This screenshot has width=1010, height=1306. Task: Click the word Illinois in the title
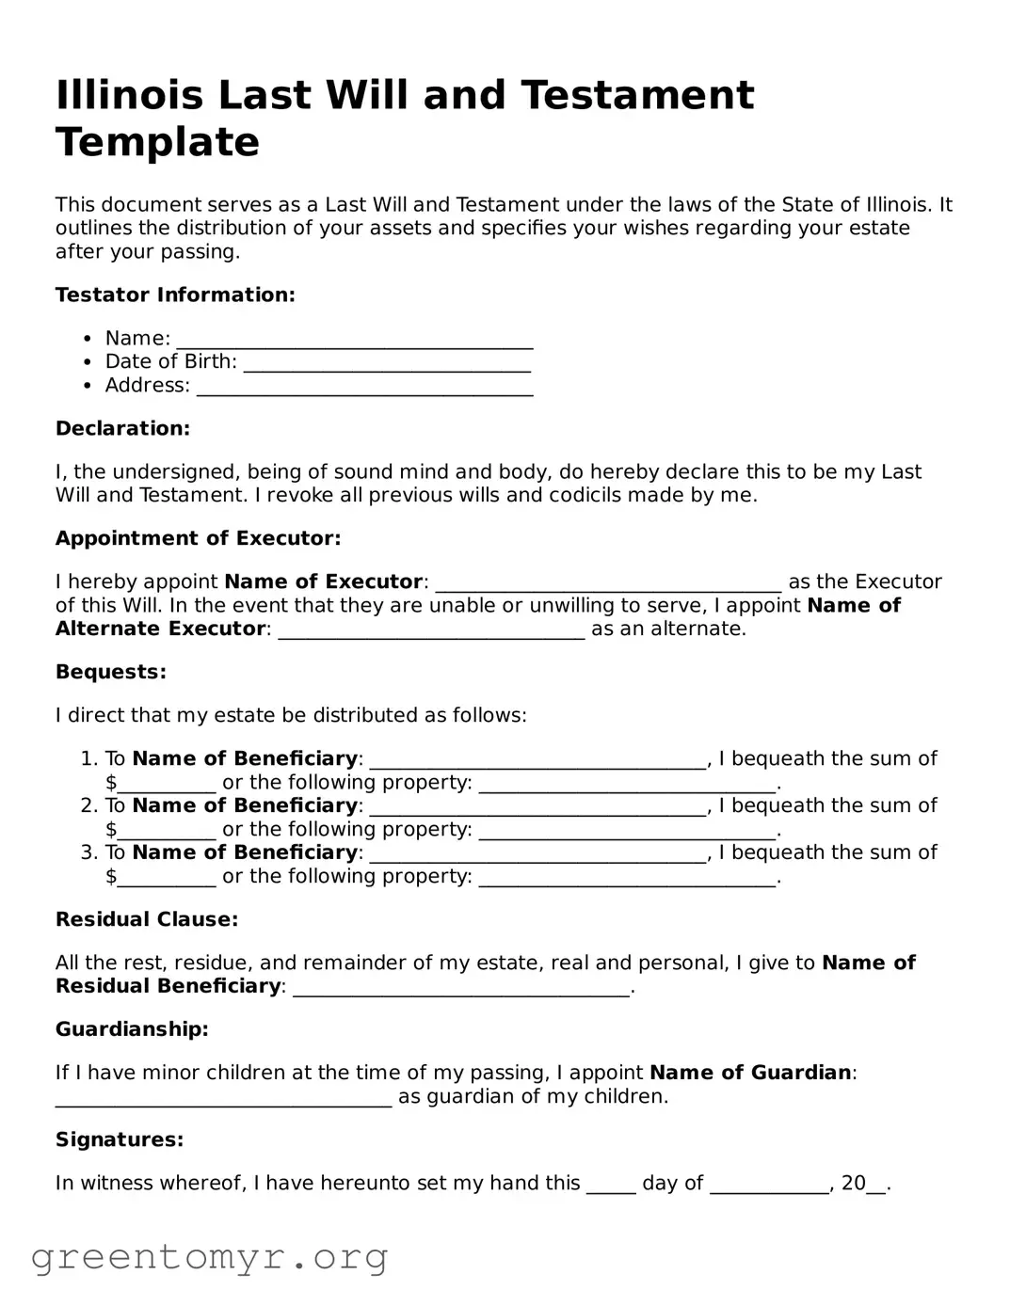point(129,95)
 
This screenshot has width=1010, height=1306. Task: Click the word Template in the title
point(157,142)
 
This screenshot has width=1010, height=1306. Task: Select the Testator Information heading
point(175,295)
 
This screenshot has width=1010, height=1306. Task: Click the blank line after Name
point(355,341)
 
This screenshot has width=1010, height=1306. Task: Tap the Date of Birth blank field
point(387,364)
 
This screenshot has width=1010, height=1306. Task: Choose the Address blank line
point(364,388)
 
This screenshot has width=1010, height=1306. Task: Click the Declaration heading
point(122,428)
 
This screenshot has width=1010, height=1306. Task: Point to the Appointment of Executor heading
point(198,538)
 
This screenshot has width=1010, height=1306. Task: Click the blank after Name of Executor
point(608,584)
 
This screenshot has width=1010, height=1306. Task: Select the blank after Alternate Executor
point(432,631)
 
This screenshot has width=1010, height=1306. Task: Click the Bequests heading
point(110,672)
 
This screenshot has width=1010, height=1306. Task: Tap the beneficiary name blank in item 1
point(537,761)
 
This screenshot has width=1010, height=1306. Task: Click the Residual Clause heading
point(147,919)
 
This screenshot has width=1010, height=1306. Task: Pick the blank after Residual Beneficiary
point(461,989)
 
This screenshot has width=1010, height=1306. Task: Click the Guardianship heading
point(132,1029)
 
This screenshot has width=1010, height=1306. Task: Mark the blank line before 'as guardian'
point(223,1099)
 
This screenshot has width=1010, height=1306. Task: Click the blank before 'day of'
point(611,1186)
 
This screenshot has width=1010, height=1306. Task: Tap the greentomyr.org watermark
point(209,1256)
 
